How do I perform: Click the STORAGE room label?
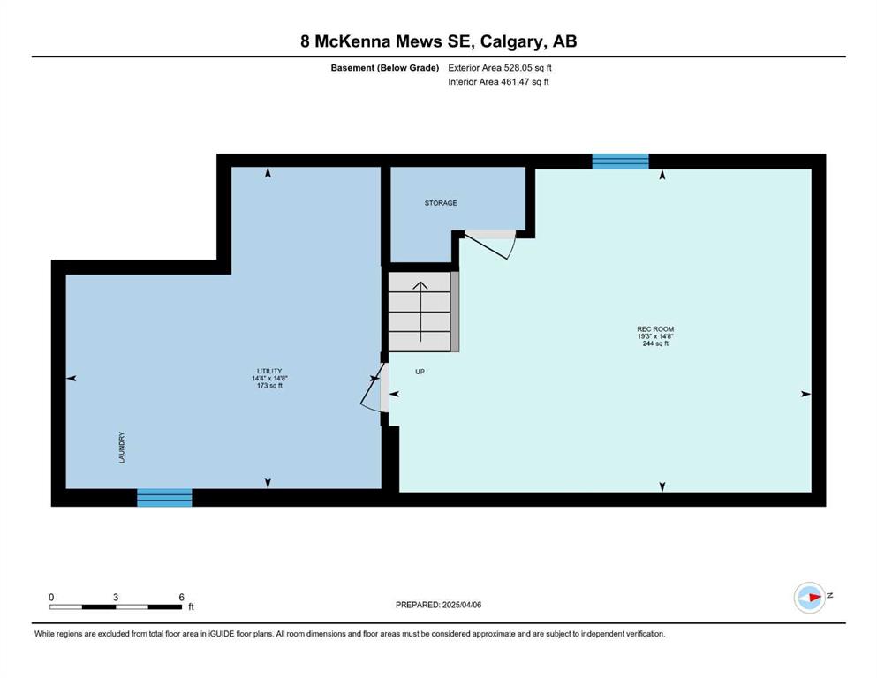441,203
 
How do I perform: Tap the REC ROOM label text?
655,329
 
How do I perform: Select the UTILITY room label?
269,371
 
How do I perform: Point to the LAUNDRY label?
122,448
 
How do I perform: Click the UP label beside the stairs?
420,372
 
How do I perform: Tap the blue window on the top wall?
620,161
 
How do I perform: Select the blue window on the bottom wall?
164,497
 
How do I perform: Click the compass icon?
810,598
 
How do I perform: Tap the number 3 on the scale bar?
116,597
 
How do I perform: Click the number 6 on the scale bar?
181,597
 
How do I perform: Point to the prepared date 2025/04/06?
461,605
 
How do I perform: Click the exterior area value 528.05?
518,68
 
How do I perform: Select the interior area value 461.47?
515,81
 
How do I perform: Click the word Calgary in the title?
511,41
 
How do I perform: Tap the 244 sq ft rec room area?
655,343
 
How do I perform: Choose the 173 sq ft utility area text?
269,386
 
